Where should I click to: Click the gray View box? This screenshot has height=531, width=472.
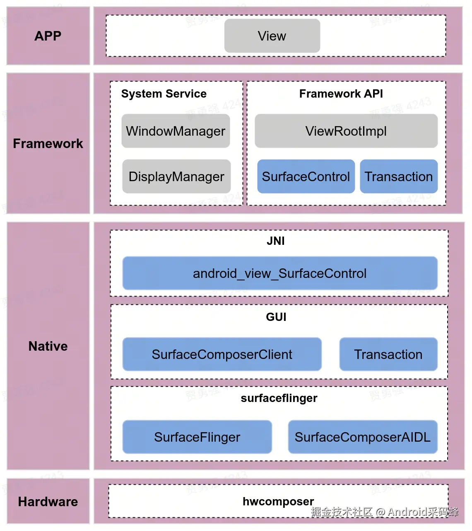(x=272, y=36)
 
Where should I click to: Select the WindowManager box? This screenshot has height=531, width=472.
(x=176, y=131)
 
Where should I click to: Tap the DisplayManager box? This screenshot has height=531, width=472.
(x=176, y=177)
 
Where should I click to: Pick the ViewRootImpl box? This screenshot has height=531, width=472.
(x=346, y=131)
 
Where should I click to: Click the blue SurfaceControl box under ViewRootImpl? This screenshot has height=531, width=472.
(x=306, y=177)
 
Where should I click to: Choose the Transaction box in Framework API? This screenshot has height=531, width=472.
(x=399, y=177)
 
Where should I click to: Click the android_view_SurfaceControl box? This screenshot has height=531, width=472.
(x=280, y=273)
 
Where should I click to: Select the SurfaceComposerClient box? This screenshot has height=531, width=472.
(x=222, y=354)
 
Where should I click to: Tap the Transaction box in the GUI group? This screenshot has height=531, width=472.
(x=388, y=354)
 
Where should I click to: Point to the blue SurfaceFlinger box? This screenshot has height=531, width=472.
(x=197, y=437)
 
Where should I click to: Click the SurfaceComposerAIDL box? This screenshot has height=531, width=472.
(x=363, y=437)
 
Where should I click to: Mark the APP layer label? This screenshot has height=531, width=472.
(x=48, y=36)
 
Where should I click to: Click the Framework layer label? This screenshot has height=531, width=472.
(x=48, y=144)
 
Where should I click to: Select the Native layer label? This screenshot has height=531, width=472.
(x=48, y=346)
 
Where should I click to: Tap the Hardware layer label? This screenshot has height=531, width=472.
(x=48, y=502)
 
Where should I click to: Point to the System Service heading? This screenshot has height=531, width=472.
(x=164, y=94)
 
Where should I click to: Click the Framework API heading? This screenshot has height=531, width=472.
(x=341, y=94)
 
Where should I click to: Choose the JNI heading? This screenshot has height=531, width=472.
(x=276, y=241)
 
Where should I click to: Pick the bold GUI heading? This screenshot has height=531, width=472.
(x=276, y=317)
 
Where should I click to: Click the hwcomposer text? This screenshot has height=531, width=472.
(x=278, y=502)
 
